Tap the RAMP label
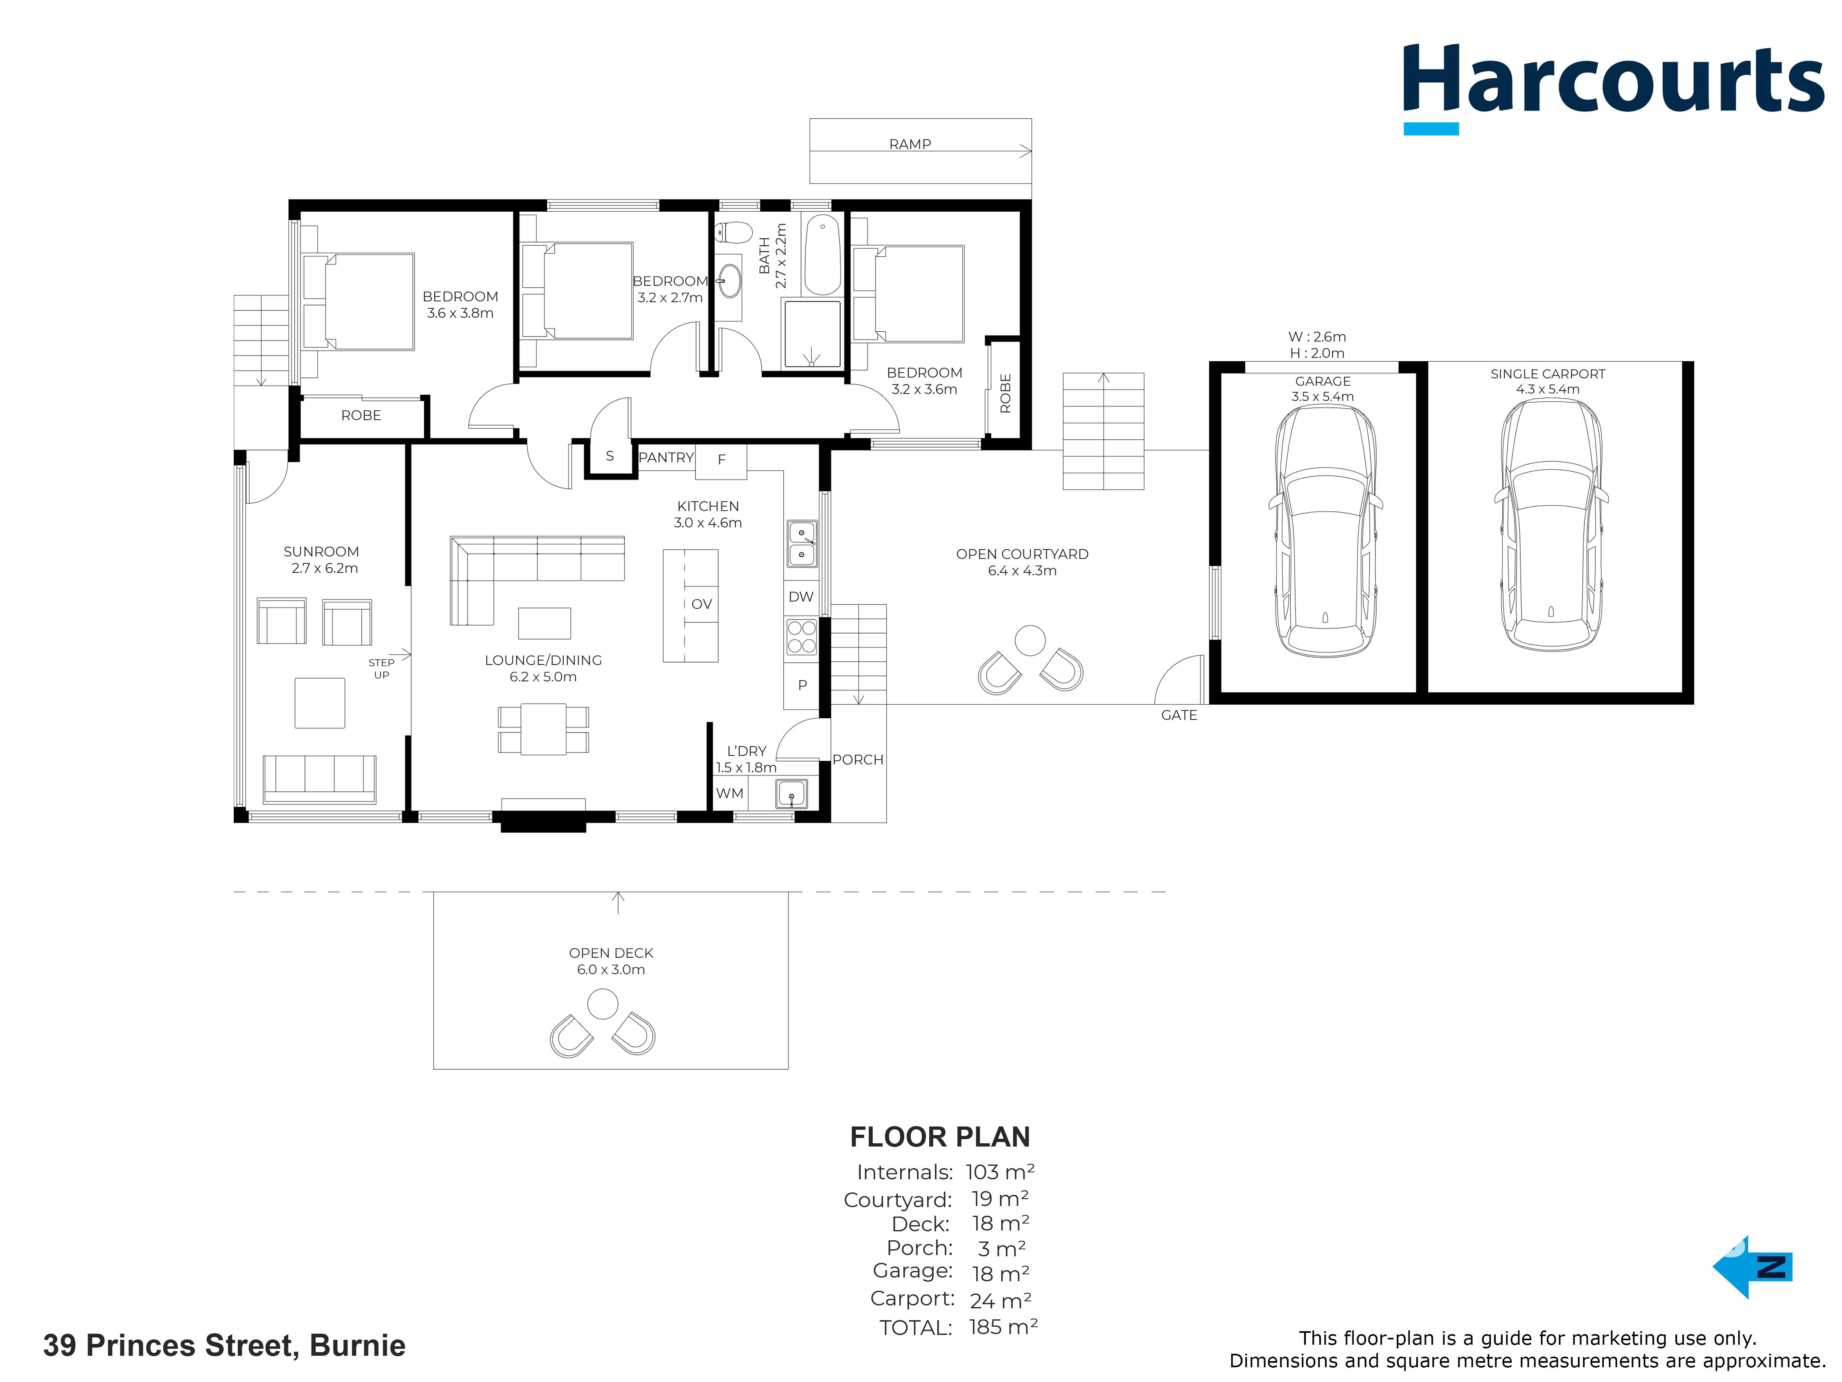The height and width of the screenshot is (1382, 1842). (910, 144)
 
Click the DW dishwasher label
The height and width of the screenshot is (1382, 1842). (801, 597)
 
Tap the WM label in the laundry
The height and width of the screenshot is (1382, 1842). (729, 793)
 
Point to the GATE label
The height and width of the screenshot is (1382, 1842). (1179, 715)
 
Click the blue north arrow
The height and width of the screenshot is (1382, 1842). (1752, 1267)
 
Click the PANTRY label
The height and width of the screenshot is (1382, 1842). (666, 457)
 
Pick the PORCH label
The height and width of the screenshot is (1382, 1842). (858, 760)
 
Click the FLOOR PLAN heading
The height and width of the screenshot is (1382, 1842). (940, 1137)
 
